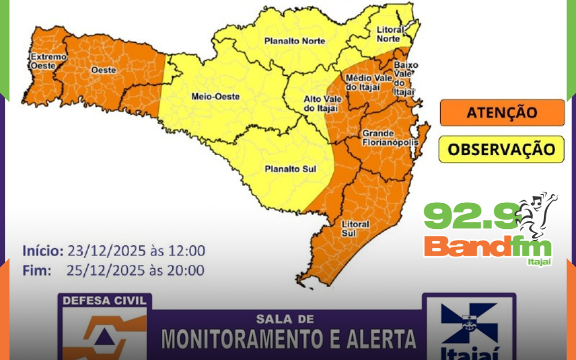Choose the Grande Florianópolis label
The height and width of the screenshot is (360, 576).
(x=386, y=138)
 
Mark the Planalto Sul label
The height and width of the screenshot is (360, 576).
(x=291, y=170)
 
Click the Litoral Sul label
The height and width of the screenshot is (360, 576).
(x=355, y=228)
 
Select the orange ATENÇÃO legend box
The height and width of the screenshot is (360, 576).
(x=502, y=113)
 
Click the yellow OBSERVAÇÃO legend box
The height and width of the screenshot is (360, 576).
(x=502, y=149)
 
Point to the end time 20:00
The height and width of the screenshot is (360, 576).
(x=187, y=270)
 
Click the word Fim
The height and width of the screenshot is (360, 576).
(x=37, y=270)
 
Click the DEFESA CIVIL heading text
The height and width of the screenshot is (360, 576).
(x=104, y=300)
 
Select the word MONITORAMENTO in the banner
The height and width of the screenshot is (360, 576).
(x=239, y=338)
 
